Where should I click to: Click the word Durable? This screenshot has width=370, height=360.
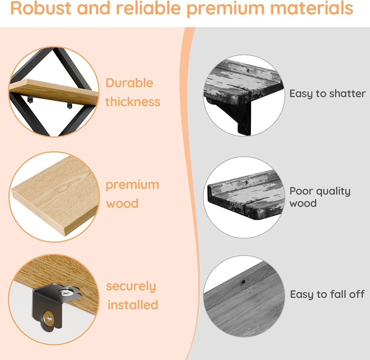point(129,83)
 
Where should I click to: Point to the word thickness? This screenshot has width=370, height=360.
point(133,101)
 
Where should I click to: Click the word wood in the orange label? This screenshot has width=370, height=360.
point(122,203)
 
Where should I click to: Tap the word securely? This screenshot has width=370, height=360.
point(131,286)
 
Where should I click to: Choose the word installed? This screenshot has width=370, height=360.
point(133,305)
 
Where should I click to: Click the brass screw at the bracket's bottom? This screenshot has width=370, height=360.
point(48,317)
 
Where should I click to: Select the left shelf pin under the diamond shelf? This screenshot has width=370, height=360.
point(31,99)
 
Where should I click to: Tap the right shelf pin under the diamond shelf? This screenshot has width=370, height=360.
point(69,106)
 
